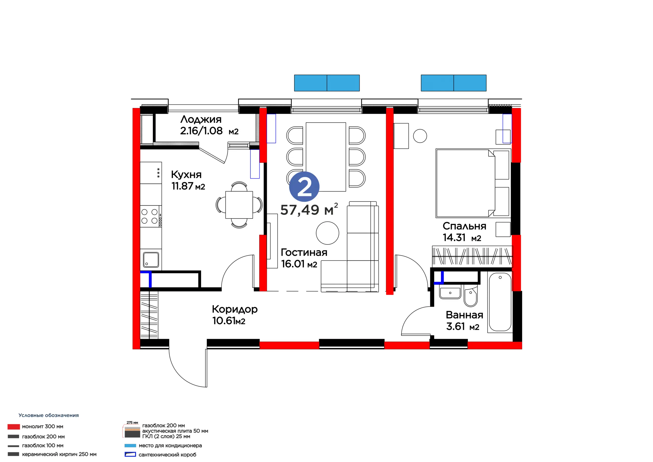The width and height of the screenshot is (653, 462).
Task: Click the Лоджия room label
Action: pyautogui.click(x=201, y=119)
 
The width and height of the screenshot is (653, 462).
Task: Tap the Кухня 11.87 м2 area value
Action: pyautogui.click(x=188, y=186)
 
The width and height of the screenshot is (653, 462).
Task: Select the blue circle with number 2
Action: pyautogui.click(x=304, y=187)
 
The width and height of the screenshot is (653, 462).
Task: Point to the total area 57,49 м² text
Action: pyautogui.click(x=309, y=210)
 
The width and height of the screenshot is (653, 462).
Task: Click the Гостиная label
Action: pyautogui.click(x=304, y=252)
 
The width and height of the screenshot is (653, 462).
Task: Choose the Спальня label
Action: pyautogui.click(x=464, y=226)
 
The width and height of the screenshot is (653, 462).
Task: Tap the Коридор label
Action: pyautogui.click(x=235, y=309)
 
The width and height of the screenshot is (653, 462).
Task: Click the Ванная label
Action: pyautogui.click(x=464, y=315)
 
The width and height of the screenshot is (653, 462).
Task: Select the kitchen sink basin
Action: pyautogui.click(x=151, y=260)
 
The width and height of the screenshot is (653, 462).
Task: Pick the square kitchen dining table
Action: pyautogui.click(x=239, y=205)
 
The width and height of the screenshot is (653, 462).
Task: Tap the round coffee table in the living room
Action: pyautogui.click(x=327, y=233)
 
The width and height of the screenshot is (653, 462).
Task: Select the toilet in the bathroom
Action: pyautogui.click(x=471, y=297)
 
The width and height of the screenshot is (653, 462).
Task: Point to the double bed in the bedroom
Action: pyautogui.click(x=472, y=183)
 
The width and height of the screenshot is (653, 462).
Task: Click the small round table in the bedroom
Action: pyautogui.click(x=420, y=136)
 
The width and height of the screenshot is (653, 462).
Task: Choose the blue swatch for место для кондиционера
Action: pyautogui.click(x=130, y=445)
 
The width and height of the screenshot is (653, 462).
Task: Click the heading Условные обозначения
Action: pyautogui.click(x=49, y=415)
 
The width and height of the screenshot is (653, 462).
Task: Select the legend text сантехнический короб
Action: pyautogui.click(x=168, y=455)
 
